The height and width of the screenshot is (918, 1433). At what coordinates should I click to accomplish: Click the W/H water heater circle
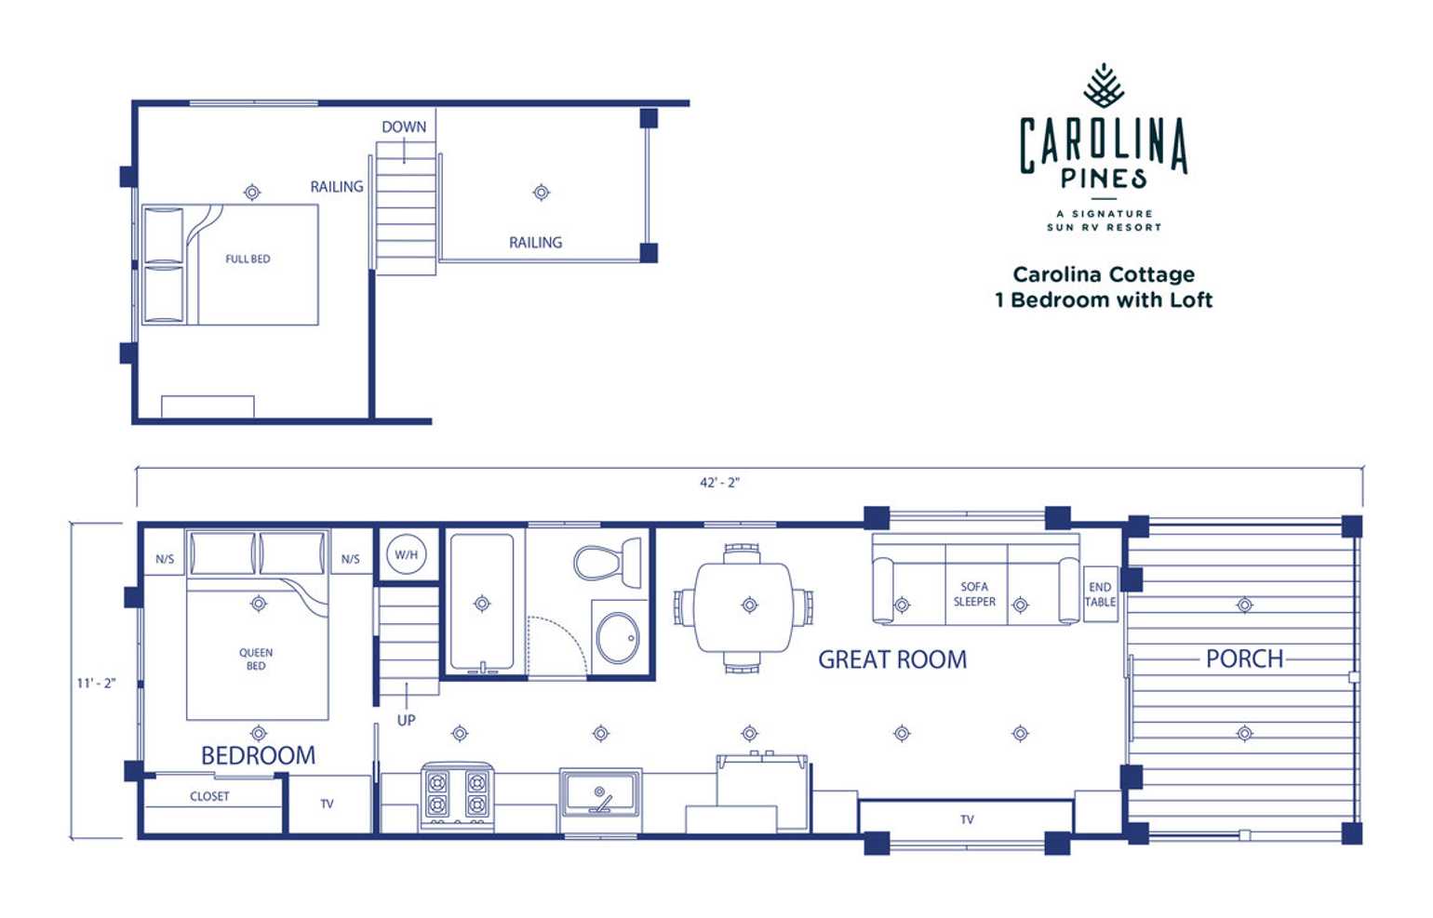point(407,554)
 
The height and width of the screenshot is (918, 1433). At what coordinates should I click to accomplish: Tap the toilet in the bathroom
point(608,562)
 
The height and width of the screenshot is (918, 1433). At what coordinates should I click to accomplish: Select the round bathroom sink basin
point(617,638)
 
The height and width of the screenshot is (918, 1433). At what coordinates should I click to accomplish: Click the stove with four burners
point(457,796)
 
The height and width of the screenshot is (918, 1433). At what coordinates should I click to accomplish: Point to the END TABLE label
point(1100,594)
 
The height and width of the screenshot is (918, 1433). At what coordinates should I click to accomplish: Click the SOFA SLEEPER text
point(974,594)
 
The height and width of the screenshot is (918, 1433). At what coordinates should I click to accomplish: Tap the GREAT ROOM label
point(892,659)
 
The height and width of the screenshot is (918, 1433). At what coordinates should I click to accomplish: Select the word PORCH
point(1244,659)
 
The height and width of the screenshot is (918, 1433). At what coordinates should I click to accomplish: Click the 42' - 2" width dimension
point(719,483)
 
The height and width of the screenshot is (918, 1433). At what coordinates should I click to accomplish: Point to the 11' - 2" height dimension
point(96,683)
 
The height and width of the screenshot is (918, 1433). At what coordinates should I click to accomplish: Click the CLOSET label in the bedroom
point(209,796)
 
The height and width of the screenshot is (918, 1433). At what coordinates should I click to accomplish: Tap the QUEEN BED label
point(256,659)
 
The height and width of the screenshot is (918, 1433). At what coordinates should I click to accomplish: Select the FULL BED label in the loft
point(248,259)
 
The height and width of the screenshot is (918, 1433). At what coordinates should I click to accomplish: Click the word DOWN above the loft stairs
point(404,126)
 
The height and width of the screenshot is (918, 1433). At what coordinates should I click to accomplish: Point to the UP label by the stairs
point(407,721)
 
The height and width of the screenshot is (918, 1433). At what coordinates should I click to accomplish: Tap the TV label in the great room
point(967,819)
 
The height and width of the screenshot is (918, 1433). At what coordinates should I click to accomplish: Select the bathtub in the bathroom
point(482,602)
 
